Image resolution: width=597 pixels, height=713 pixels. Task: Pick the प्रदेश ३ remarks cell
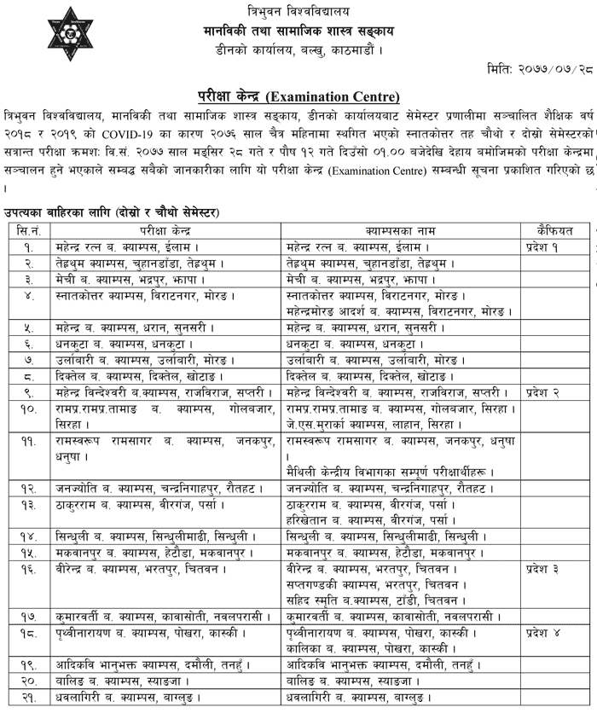coord(548,566)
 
